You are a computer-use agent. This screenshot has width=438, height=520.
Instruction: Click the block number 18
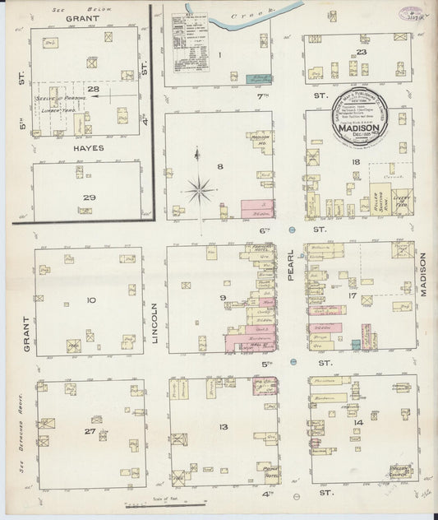coord(356,164)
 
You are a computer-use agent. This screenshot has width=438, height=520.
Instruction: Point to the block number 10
coord(91,299)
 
